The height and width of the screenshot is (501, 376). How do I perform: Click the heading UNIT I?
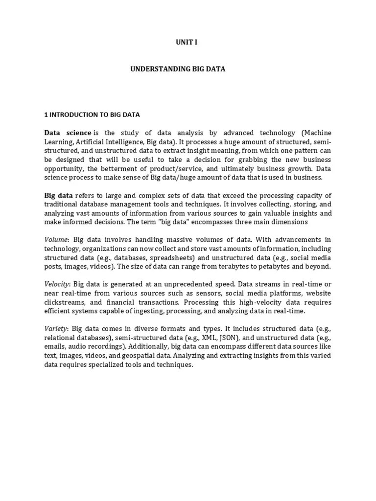coord(187,43)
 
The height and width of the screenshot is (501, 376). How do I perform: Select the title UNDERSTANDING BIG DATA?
coord(178,69)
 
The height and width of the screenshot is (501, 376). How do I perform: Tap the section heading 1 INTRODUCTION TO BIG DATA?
coord(92,114)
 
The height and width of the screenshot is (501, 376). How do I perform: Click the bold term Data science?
coord(68,133)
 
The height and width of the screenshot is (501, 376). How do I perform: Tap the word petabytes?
coord(288,267)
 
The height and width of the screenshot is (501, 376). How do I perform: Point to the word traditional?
coord(62,204)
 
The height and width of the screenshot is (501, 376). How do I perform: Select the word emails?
coord(55,347)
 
